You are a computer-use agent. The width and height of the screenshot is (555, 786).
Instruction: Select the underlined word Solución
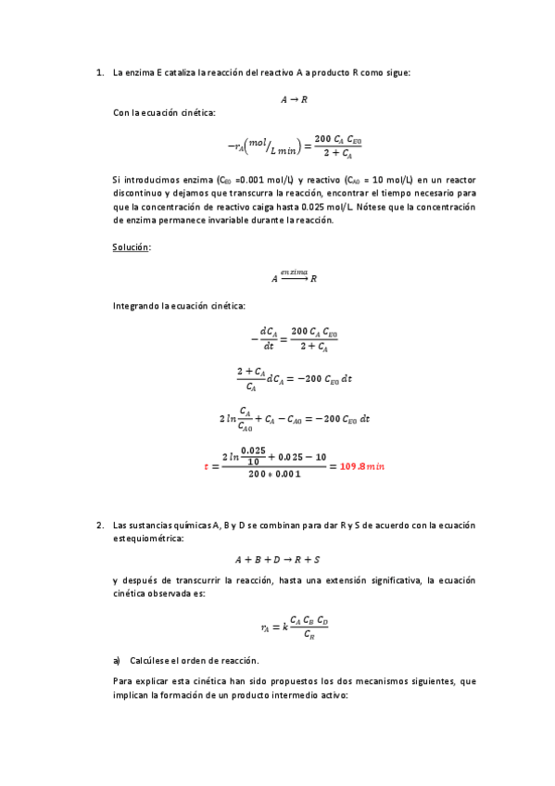[x=131, y=247]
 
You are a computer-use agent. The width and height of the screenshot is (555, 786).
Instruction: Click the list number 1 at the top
[x=99, y=72]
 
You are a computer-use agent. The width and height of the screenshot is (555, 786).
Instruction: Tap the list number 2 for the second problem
[x=99, y=525]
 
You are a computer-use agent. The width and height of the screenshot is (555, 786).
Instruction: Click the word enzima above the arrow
[x=295, y=272]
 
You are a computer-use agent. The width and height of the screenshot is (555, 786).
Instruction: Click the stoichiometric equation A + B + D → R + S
[x=278, y=560]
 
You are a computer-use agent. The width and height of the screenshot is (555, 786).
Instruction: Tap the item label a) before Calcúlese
[x=117, y=660]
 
